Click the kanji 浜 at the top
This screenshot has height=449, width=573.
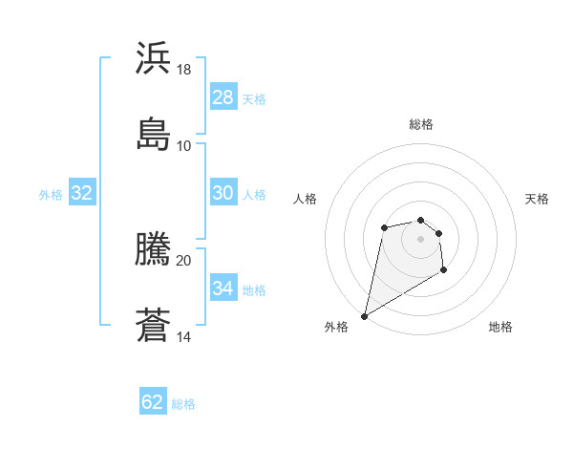coord(153,57)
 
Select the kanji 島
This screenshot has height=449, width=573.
coord(153,133)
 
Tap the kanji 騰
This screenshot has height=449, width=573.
coord(153,248)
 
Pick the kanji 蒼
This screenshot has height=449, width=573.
coord(153,325)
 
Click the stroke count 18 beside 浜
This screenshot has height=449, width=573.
coord(184,70)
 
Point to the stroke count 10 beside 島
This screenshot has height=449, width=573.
coord(184,145)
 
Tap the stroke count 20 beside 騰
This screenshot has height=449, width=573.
coord(184,260)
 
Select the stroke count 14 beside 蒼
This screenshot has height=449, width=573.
coord(184,337)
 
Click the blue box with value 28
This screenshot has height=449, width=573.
coord(223,97)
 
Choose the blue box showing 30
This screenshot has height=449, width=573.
coord(223,193)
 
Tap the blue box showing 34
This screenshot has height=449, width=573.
coord(223,289)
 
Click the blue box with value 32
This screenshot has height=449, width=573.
coord(82,193)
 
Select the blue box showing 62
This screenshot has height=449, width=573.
coord(153,402)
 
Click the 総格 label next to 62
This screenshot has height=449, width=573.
coord(183,404)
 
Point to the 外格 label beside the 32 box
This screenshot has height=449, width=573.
coord(51,195)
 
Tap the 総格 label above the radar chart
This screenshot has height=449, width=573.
coord(420,124)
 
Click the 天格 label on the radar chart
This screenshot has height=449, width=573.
coord(537,199)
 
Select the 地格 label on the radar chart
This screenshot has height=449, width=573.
coord(500,327)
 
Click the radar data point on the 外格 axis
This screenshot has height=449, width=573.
coord(364,316)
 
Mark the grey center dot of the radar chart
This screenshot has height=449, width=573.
coord(420,238)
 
